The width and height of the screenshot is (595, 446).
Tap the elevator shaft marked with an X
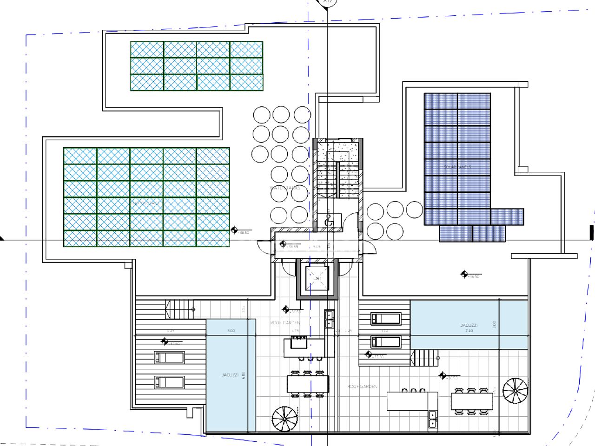coord(317,278)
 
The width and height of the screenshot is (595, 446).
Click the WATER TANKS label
coord(284,188)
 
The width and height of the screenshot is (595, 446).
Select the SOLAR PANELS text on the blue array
coord(457,167)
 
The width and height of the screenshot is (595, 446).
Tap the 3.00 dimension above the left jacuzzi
coord(231,331)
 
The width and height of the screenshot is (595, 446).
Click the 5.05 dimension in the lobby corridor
coord(317,246)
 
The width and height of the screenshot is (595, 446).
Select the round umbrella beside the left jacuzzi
coord(284,419)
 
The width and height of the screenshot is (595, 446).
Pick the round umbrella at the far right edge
coord(515,391)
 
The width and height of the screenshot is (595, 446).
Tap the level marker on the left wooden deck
coord(165,342)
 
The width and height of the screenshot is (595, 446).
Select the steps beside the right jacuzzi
coord(424,358)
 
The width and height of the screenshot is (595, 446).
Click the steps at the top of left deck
coord(179,309)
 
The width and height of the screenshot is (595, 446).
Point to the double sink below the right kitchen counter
coord(433,419)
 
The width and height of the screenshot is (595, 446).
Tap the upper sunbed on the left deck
coord(169,357)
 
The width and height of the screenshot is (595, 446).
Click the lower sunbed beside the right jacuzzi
coord(386,342)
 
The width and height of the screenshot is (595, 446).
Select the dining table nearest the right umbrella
coord(472,401)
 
